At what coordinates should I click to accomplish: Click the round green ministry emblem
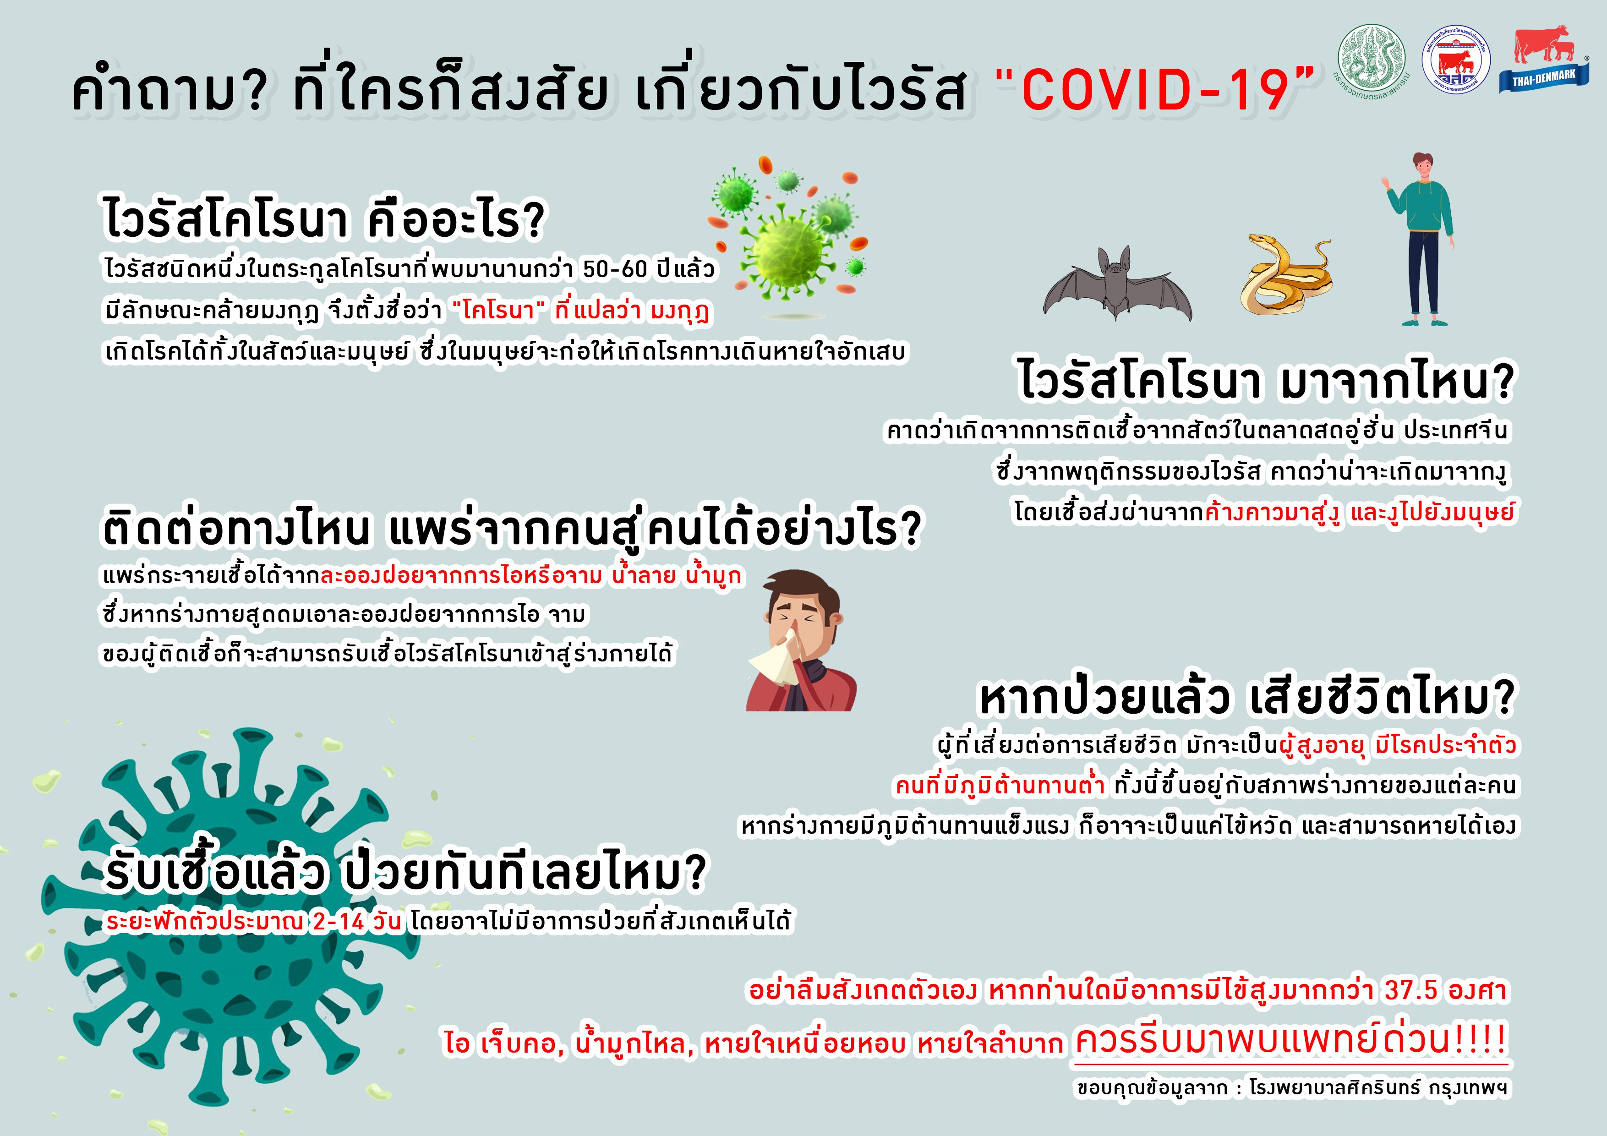(x=1372, y=61)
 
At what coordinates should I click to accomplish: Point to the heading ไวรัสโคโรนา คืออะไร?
(x=323, y=218)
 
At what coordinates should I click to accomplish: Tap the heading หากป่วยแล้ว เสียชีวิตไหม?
(x=1247, y=697)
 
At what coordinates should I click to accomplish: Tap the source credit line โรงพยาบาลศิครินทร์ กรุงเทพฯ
(x=1378, y=1088)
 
